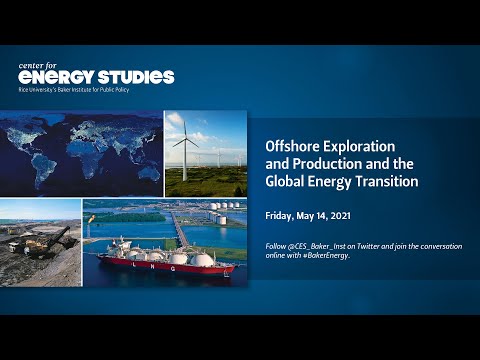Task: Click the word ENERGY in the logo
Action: coord(58,77)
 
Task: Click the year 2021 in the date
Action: coord(357,215)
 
